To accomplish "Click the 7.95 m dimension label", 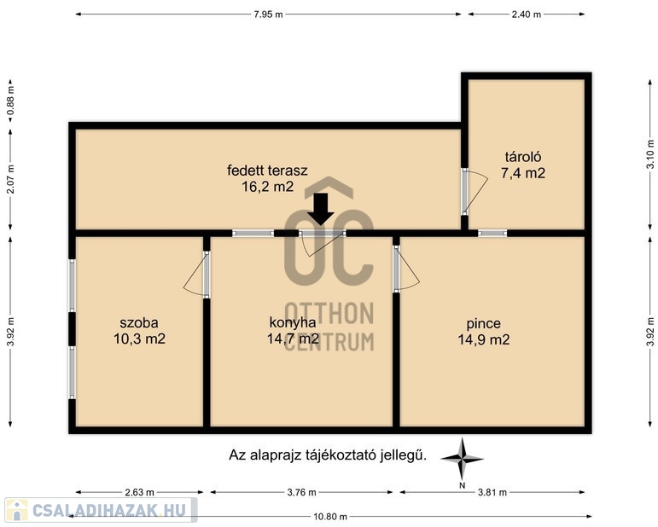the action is [268, 14].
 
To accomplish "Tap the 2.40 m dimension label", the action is [527, 14].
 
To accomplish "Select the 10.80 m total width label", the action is [330, 517].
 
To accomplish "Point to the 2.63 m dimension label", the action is [139, 492].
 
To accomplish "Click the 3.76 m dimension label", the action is [301, 492].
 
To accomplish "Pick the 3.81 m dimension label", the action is [492, 492].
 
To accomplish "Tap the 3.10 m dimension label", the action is [650, 153].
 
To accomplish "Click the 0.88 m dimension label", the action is [11, 101].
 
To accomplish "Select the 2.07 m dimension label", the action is [11, 179].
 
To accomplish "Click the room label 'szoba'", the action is [139, 323].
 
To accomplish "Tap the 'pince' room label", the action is [483, 324].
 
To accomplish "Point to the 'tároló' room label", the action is [523, 157].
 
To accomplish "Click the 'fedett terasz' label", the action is [267, 171].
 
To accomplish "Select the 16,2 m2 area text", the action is [267, 186].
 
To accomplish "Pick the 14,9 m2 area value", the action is [483, 339].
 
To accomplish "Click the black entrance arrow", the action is [321, 209].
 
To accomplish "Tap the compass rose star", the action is [462, 459].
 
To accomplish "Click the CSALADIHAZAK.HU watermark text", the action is [108, 510].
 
